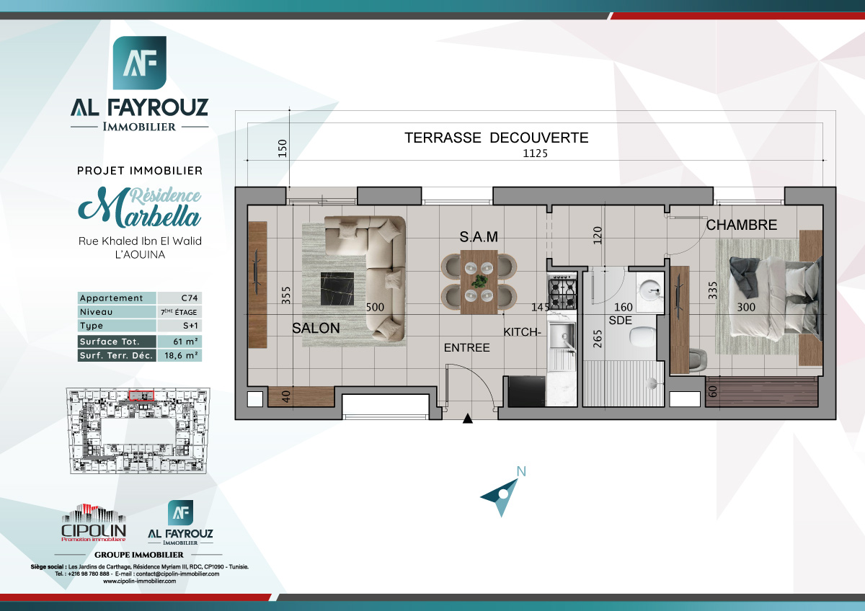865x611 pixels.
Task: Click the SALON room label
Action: [316, 328]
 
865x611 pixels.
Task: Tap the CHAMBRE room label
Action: [741, 226]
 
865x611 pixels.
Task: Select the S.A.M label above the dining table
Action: [479, 237]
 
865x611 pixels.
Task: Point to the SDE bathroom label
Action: [620, 319]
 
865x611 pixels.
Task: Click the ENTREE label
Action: [466, 348]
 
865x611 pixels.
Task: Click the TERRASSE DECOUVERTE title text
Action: [497, 138]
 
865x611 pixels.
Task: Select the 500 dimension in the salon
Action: [375, 307]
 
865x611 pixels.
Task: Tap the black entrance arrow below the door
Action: [468, 418]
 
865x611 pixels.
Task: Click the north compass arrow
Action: [502, 494]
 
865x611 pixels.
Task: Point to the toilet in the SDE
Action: [640, 336]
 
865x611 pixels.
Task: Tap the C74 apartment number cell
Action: [179, 298]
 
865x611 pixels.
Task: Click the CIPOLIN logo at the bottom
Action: [94, 523]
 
